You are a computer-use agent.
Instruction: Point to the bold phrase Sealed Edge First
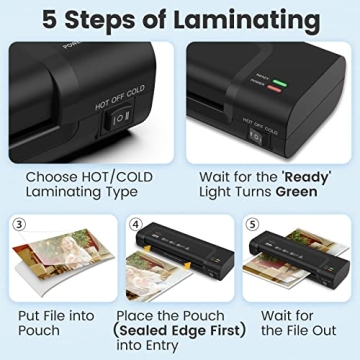pyautogui.click(x=176, y=329)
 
